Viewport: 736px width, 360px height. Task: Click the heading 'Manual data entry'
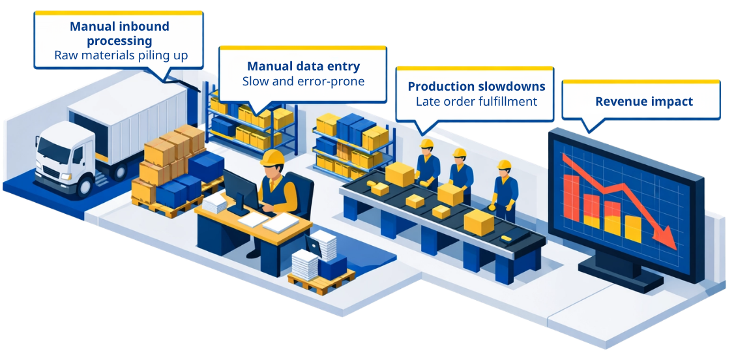[303, 66]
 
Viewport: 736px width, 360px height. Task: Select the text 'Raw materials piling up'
[121, 55]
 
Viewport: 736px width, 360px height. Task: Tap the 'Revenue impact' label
[644, 101]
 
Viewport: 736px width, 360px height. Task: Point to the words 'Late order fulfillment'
[477, 101]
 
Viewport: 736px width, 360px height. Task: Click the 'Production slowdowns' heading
[477, 86]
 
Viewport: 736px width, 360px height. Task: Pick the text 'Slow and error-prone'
[303, 82]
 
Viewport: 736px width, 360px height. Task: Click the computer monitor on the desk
[241, 190]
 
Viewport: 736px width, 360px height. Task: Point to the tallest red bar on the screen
[571, 197]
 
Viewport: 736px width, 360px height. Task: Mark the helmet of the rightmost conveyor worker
[504, 164]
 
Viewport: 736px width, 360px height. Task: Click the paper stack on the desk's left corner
[214, 203]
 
